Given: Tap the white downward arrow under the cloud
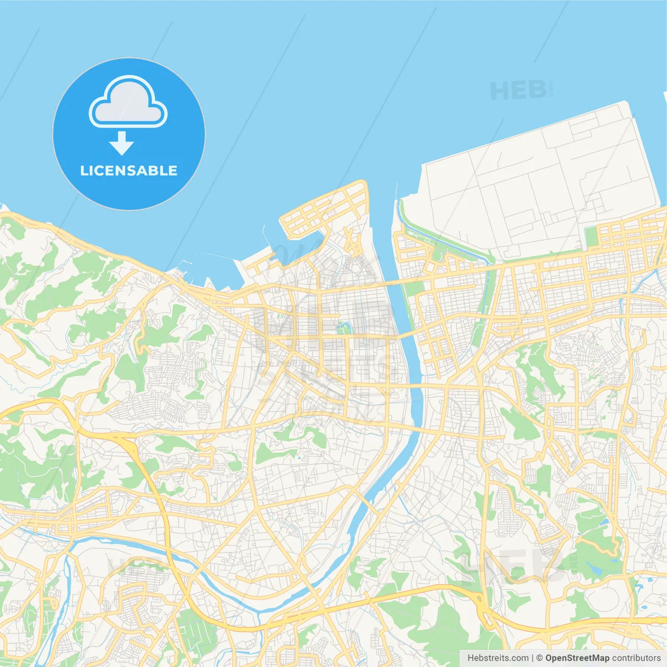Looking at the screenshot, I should [x=121, y=143].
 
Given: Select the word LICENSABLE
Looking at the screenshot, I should [x=129, y=170].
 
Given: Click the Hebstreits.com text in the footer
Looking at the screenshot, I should [x=498, y=658].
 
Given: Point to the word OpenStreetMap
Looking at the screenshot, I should [x=577, y=658].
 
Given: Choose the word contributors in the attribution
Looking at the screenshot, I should [x=636, y=658].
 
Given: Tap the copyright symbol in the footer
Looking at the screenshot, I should [x=539, y=658].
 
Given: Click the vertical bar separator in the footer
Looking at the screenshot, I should [x=533, y=658].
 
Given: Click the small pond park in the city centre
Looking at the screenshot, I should [x=343, y=328].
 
